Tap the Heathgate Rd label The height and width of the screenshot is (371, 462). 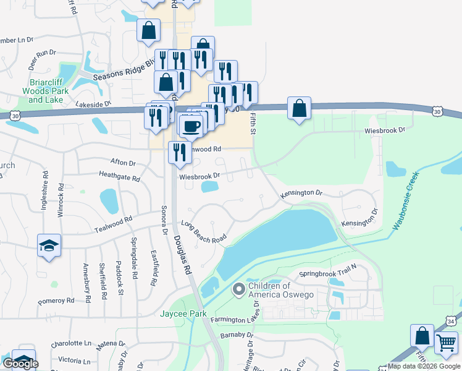(x=119, y=178)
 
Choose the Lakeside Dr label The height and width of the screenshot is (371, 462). (x=93, y=104)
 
